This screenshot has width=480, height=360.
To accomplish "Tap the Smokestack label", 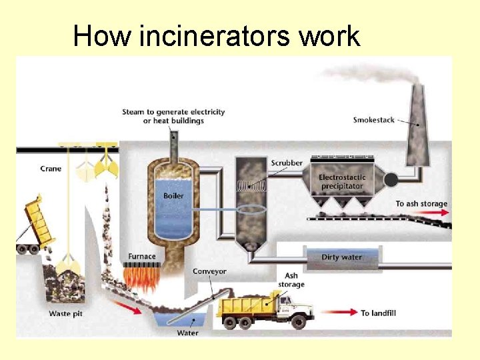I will [373, 120].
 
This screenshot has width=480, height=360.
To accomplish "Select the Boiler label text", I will [174, 195].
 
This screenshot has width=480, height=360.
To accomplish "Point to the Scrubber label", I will [287, 163].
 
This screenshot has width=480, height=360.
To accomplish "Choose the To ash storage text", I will [421, 203].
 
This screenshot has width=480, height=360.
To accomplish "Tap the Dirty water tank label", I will [342, 257].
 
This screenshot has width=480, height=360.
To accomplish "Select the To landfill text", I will [379, 313].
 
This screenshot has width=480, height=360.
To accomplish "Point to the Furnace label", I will [142, 256].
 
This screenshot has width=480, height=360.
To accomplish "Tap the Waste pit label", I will [65, 313].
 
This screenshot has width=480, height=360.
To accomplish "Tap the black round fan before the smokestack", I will [391, 179].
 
